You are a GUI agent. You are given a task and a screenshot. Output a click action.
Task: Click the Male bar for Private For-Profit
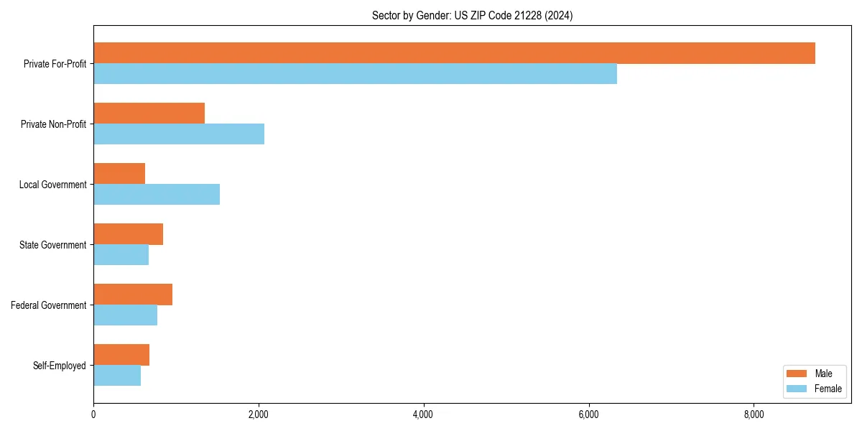tap(454, 53)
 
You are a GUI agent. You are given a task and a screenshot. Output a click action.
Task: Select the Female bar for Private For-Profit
tap(355, 74)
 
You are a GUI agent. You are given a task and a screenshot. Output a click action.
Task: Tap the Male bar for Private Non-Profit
tap(149, 113)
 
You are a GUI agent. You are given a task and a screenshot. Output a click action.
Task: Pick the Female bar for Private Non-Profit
tap(179, 134)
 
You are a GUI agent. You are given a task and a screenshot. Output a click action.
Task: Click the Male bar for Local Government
tap(119, 174)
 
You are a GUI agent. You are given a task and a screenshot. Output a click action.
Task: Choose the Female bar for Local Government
tap(157, 195)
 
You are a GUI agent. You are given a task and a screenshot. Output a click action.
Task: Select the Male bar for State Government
tap(128, 234)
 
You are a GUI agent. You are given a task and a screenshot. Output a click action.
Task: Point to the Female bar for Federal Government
tap(125, 315)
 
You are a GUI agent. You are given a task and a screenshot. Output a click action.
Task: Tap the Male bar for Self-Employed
tap(121, 355)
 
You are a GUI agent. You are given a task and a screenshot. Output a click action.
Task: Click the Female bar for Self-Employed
tap(117, 376)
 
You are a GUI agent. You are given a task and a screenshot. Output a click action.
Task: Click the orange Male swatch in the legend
tap(797, 374)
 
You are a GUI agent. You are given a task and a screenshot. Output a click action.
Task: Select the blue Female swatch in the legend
tap(797, 389)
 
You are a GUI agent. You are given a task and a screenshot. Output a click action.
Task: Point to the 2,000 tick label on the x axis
tap(258, 414)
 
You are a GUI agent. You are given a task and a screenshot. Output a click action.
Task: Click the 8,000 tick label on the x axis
tap(754, 414)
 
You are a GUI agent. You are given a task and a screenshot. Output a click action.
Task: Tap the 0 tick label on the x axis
tap(93, 414)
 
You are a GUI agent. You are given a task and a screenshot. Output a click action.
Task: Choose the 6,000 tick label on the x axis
tap(588, 414)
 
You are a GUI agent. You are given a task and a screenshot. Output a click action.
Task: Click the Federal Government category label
tap(49, 305)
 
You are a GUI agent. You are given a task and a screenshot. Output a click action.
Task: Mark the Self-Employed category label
tap(60, 366)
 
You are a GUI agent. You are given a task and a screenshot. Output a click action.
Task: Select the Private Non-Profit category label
tap(53, 124)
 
